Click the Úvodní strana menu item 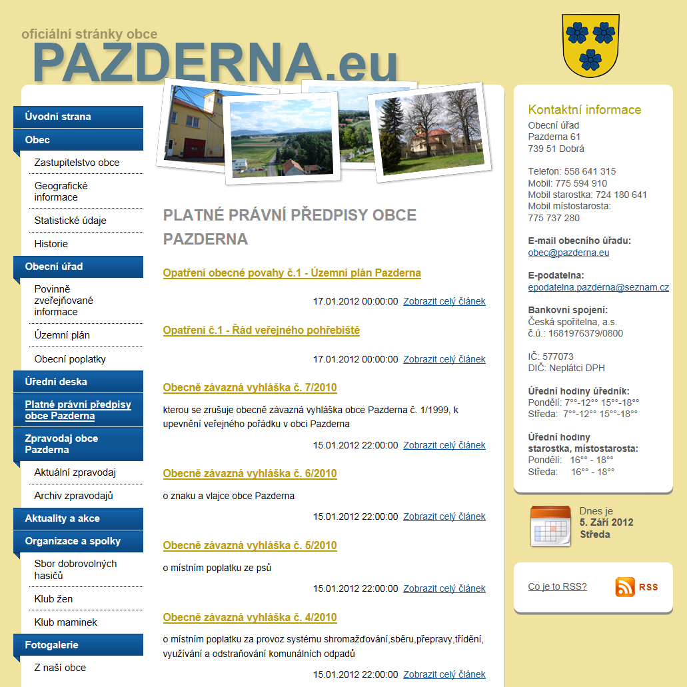[58, 117]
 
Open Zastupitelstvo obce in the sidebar [77, 163]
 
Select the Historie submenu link [51, 244]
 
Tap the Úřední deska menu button [56, 382]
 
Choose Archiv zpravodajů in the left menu [73, 496]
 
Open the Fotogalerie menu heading [52, 645]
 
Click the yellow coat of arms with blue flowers [591, 45]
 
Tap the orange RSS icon [625, 587]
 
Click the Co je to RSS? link [557, 587]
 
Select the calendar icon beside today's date [550, 526]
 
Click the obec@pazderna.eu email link [568, 253]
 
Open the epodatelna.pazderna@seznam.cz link [598, 288]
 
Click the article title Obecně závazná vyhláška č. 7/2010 [250, 388]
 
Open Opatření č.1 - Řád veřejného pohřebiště [261, 331]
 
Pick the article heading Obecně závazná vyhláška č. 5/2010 [250, 546]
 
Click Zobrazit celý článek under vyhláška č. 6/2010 [444, 516]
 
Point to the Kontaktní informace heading [584, 110]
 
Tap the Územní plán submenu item [62, 335]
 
